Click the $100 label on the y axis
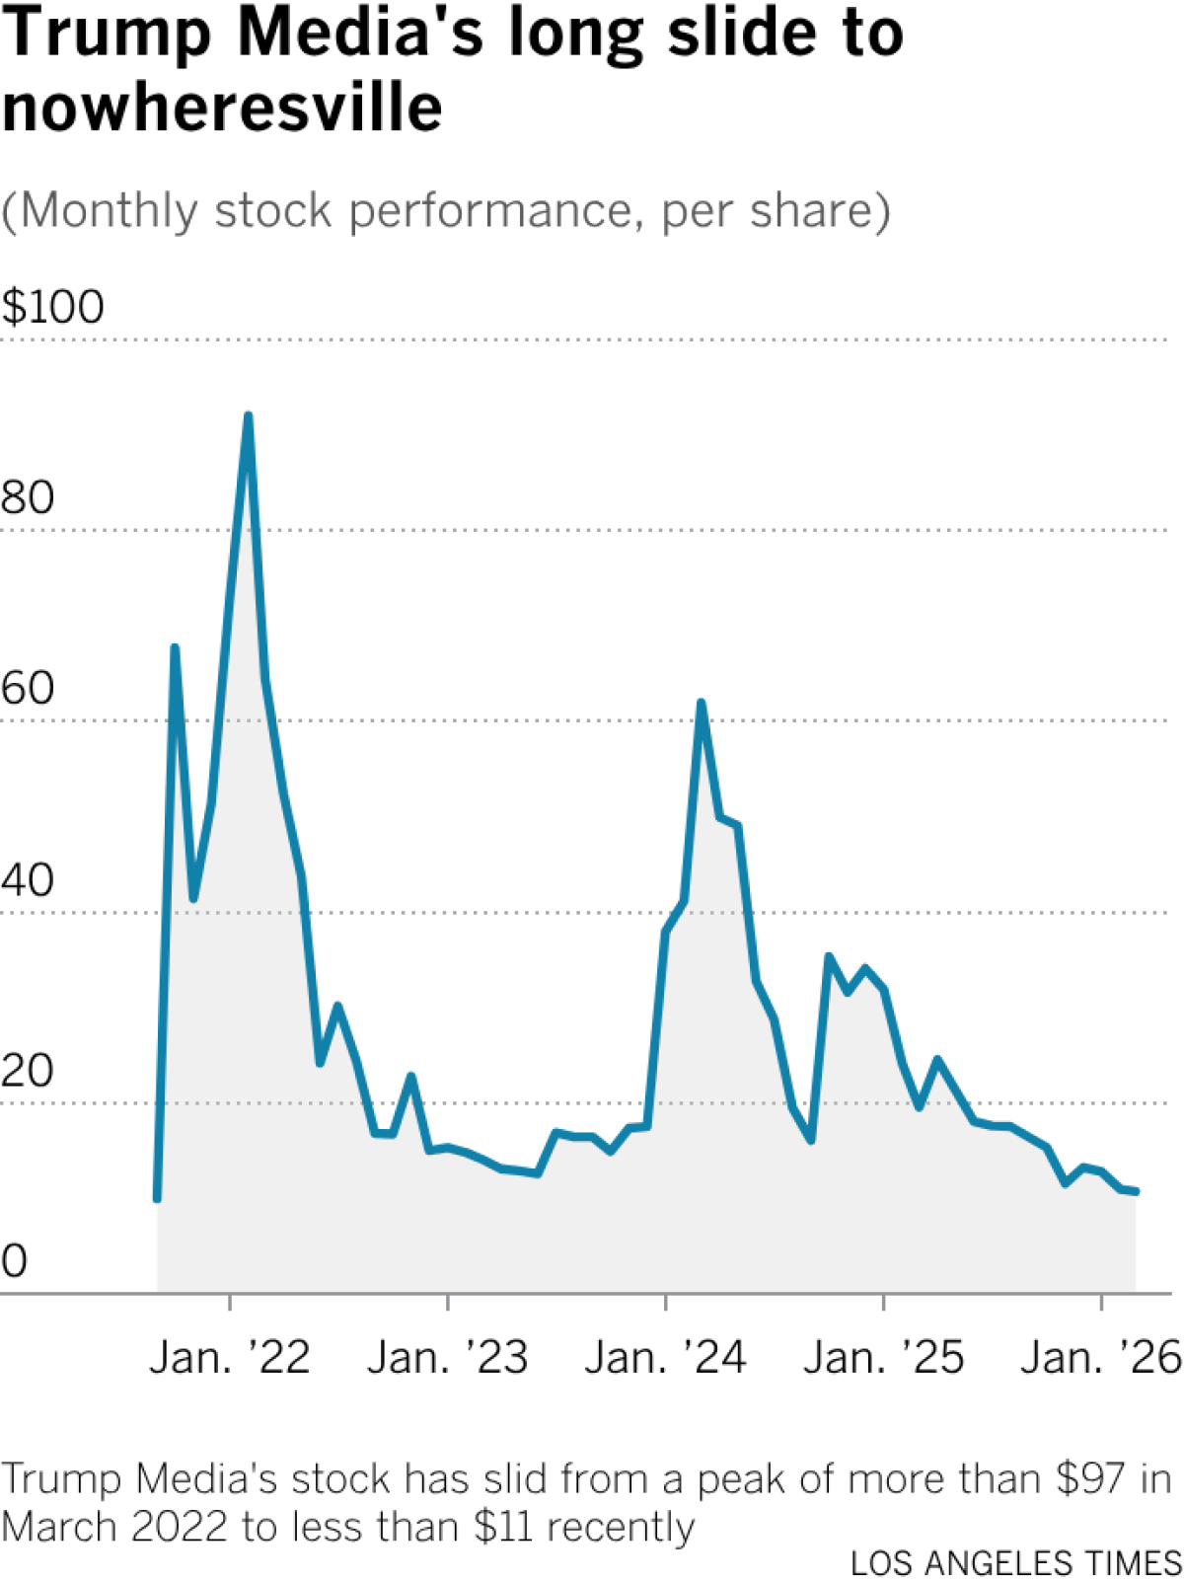pyautogui.click(x=53, y=307)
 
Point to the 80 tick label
pyautogui.click(x=28, y=497)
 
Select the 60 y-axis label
pyautogui.click(x=28, y=688)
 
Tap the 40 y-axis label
pyautogui.click(x=28, y=879)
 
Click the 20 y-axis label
pyautogui.click(x=28, y=1071)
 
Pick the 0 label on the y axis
pyautogui.click(x=15, y=1261)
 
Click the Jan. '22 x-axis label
pyautogui.click(x=230, y=1358)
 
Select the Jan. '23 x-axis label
pyautogui.click(x=448, y=1358)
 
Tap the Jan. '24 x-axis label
pyautogui.click(x=666, y=1358)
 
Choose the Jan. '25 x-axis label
pyautogui.click(x=883, y=1358)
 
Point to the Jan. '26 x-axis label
pyautogui.click(x=1101, y=1358)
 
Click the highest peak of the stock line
pyautogui.click(x=248, y=416)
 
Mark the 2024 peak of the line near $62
pyautogui.click(x=702, y=703)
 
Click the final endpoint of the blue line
pyautogui.click(x=1137, y=1192)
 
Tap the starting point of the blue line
pyautogui.click(x=157, y=1199)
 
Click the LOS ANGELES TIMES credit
pyautogui.click(x=1016, y=1563)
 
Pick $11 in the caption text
pyautogui.click(x=503, y=1527)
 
